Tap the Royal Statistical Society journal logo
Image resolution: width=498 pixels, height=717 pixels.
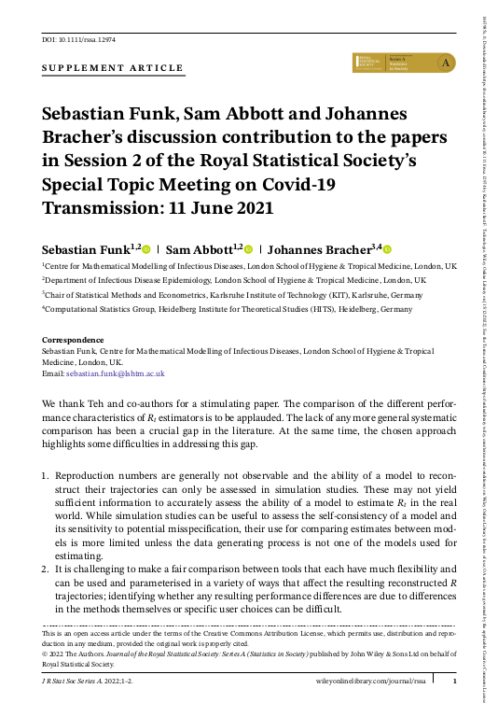(x=403, y=63)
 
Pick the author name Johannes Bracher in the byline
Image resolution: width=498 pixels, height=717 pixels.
(x=322, y=250)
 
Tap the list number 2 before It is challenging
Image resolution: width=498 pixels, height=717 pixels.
(x=46, y=568)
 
